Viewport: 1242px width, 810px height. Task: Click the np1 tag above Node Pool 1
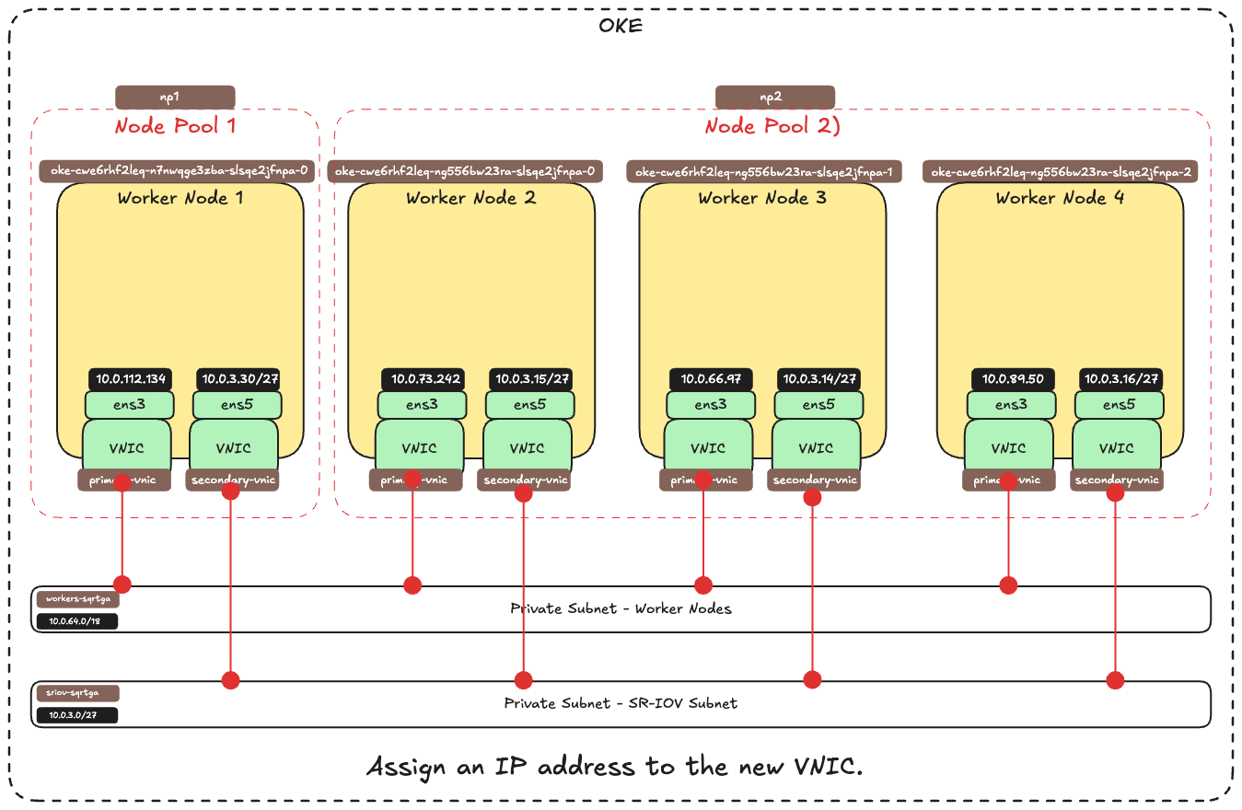point(175,98)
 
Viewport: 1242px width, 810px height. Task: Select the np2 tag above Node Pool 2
point(775,98)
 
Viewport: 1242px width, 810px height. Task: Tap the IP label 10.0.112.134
point(131,379)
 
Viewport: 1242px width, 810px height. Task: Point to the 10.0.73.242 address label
point(423,379)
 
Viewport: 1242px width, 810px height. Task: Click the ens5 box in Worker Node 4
point(1117,404)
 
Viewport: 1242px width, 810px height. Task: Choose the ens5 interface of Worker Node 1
point(235,404)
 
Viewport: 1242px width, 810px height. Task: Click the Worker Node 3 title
point(761,198)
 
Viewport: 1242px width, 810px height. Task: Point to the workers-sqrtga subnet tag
point(78,599)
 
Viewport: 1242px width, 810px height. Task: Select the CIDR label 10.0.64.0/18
point(77,621)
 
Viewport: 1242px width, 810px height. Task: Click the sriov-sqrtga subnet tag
point(78,693)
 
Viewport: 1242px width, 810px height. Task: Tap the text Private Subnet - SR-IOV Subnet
point(621,703)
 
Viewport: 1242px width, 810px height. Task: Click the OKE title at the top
point(621,26)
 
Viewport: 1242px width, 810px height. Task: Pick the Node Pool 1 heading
point(174,125)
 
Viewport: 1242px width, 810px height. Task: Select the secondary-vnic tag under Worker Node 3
point(816,480)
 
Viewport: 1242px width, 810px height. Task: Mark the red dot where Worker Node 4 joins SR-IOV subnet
point(1116,680)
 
